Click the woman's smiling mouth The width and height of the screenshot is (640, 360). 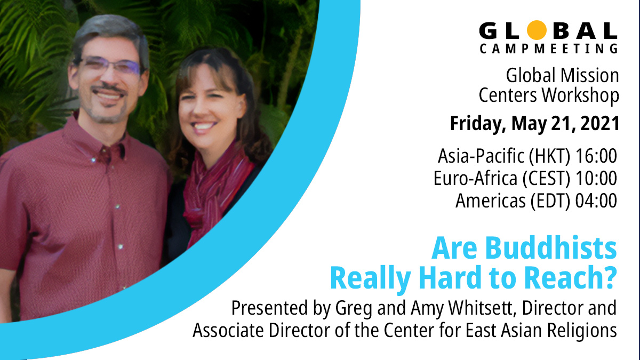pos(206,128)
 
